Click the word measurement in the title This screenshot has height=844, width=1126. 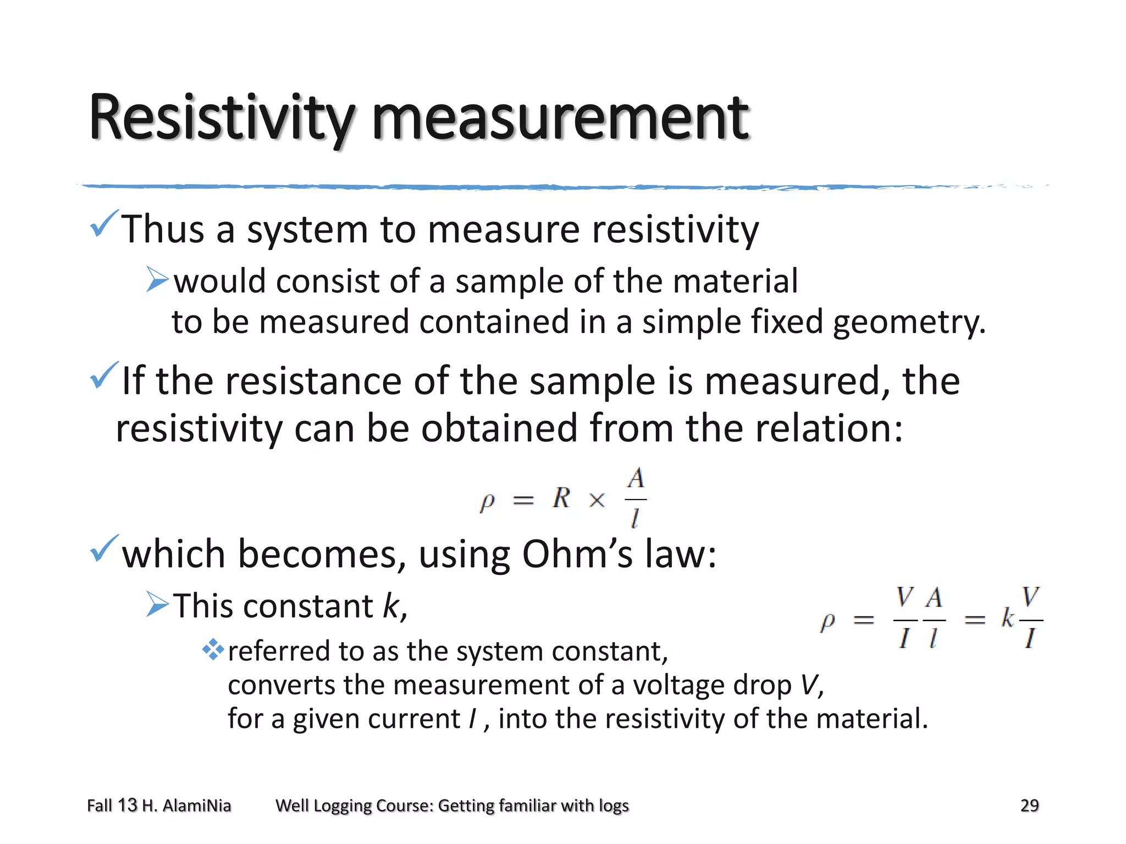coord(560,118)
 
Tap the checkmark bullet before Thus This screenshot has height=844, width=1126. coord(104,224)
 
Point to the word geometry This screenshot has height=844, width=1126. coord(908,323)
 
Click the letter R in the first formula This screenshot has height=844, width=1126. coord(561,498)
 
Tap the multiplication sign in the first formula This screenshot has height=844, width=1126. coord(597,500)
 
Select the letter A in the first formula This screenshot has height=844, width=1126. coord(636,479)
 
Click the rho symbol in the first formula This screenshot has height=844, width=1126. coord(487,501)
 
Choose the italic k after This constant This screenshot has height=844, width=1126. coord(391,607)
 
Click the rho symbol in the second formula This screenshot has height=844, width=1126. coord(827,621)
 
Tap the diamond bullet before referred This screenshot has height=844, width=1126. coord(213,651)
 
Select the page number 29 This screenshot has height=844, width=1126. coord(1029,806)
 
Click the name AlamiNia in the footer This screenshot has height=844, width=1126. coord(197,806)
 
